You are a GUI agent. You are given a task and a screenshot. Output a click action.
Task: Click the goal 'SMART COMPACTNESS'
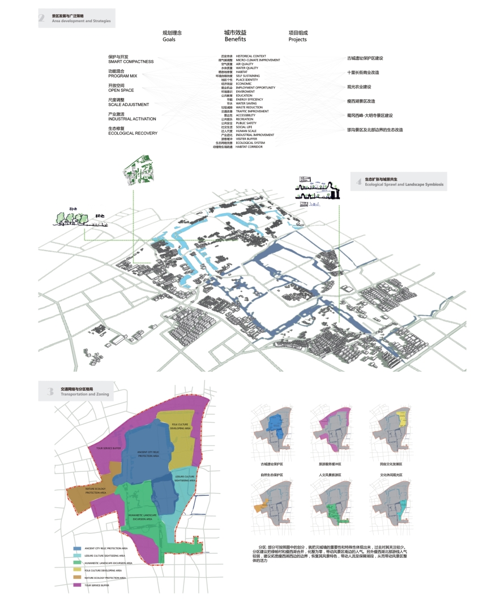pyautogui.click(x=131, y=61)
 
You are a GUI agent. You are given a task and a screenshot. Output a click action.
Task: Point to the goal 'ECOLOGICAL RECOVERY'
pyautogui.click(x=133, y=134)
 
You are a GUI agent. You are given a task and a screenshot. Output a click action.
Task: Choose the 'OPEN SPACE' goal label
pyautogui.click(x=121, y=90)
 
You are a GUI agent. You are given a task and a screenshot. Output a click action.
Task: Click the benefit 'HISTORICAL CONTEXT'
pyautogui.click(x=251, y=56)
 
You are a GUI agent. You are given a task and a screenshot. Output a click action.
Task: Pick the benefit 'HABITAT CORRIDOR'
pyautogui.click(x=249, y=147)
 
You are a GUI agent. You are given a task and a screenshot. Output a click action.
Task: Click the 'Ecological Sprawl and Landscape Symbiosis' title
pyautogui.click(x=404, y=185)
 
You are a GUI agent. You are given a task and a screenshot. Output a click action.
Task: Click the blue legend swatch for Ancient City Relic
pyautogui.click(x=77, y=549)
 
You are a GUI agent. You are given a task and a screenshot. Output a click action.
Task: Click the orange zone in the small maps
pyautogui.click(x=258, y=509)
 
